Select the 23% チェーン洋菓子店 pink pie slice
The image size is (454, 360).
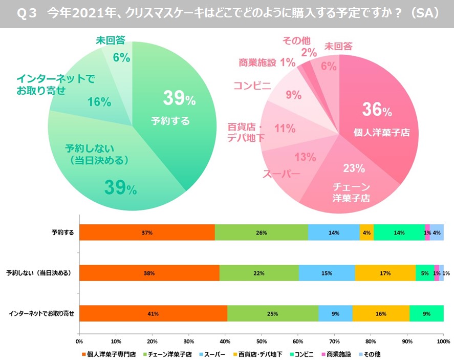(x=353, y=179)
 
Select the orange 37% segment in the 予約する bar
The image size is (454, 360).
(x=147, y=232)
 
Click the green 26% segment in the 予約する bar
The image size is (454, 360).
(x=261, y=232)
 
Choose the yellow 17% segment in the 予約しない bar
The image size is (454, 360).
(x=385, y=273)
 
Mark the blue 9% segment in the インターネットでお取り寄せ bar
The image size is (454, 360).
(x=335, y=313)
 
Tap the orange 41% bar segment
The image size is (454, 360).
(x=153, y=313)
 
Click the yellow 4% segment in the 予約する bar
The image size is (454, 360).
(x=366, y=232)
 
